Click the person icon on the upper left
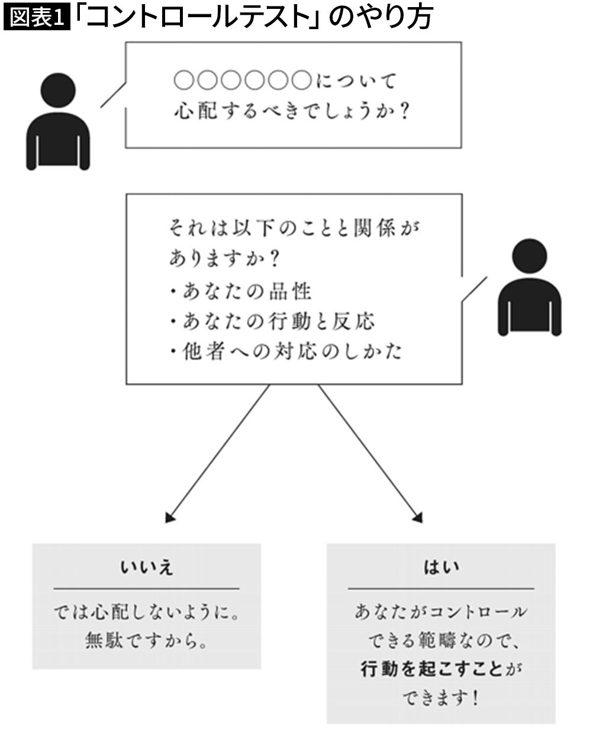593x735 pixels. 58,122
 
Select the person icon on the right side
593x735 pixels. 530,287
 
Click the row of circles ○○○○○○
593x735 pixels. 243,80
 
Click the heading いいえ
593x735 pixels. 147,568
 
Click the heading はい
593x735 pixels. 441,567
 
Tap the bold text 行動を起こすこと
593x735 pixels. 431,669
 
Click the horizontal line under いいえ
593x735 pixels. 147,589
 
